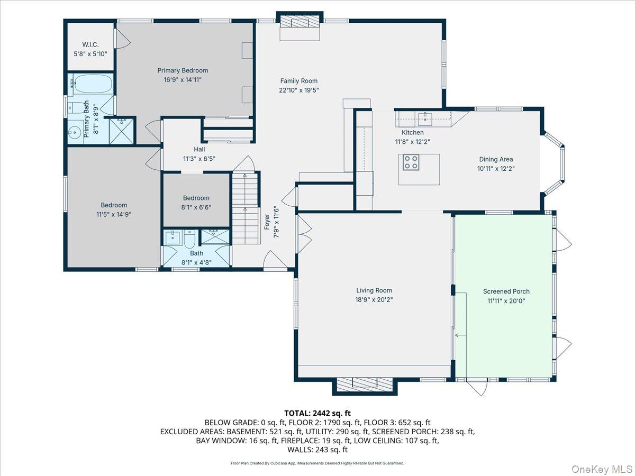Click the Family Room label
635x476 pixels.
coord(299,81)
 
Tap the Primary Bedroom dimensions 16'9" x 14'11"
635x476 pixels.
coord(183,79)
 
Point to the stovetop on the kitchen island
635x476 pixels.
coord(411,162)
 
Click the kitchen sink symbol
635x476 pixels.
coord(424,116)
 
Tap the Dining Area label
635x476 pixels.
coord(496,159)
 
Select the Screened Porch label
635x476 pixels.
coord(506,291)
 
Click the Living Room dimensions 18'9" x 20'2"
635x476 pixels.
coord(374,299)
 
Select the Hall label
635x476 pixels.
coord(199,150)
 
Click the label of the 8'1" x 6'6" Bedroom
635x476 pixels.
coord(196,198)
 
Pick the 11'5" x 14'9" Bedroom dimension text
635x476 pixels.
coord(114,214)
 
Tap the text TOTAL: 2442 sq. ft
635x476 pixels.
coord(317,413)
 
